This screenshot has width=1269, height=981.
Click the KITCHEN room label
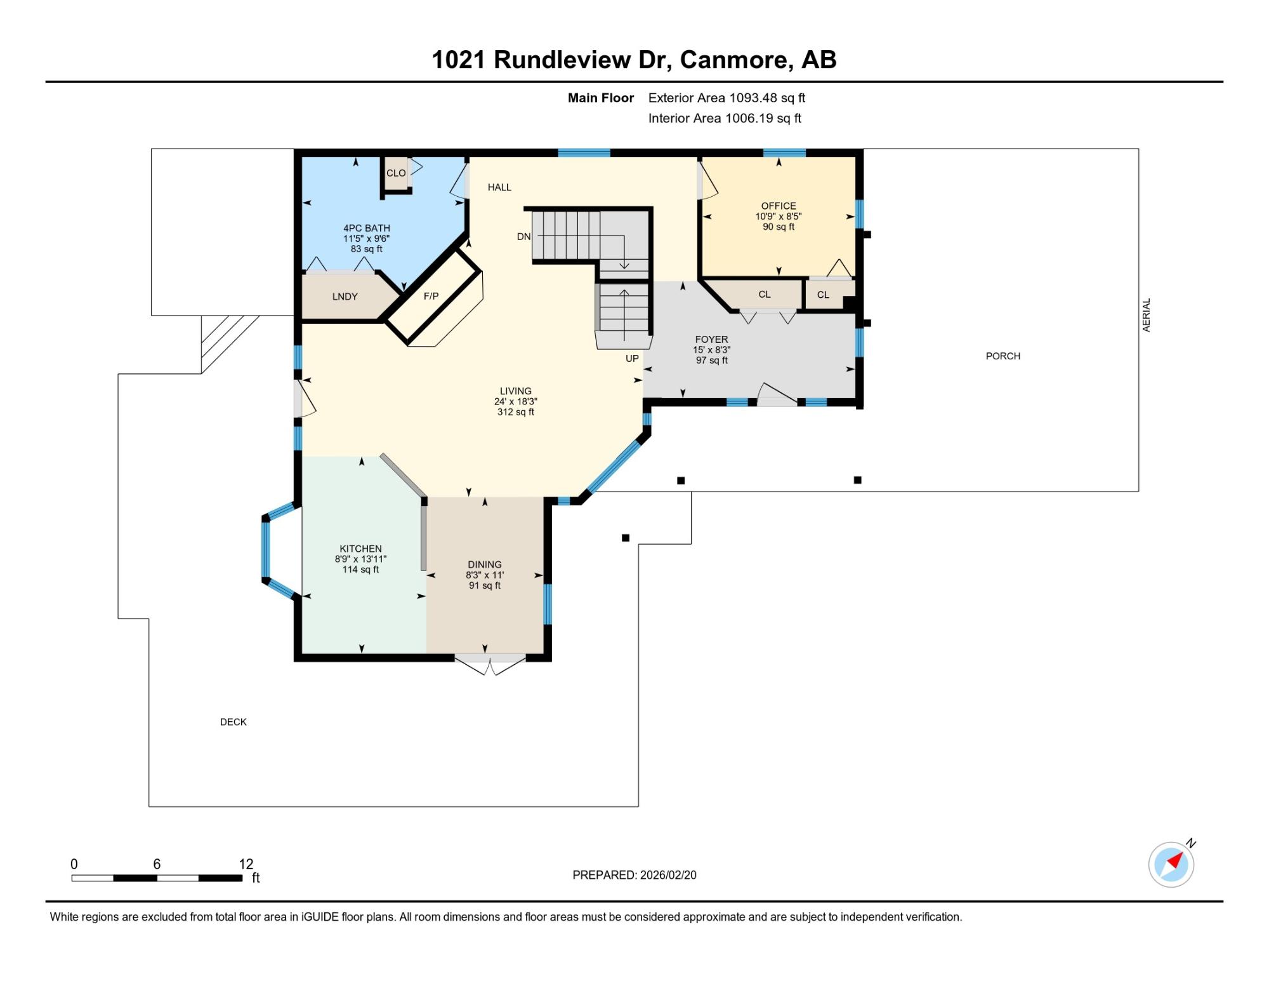[x=360, y=549]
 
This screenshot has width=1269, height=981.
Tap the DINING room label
[x=485, y=564]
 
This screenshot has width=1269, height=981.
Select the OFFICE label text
[x=779, y=206]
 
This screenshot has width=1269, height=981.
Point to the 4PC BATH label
[x=367, y=228]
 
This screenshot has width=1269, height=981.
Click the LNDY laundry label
[x=345, y=297]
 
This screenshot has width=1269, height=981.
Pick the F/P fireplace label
[x=431, y=296]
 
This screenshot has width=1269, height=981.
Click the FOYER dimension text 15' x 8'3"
[x=712, y=350]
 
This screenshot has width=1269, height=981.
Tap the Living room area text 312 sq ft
[x=516, y=412]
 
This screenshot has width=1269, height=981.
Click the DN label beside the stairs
[x=523, y=237]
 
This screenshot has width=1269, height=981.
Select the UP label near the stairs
[x=632, y=359]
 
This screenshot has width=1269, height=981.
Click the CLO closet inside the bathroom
[x=396, y=173]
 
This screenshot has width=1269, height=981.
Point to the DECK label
[x=233, y=722]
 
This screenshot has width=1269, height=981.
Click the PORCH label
[x=1003, y=356]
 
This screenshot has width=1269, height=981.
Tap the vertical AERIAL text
[x=1147, y=315]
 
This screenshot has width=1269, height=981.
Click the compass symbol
[x=1171, y=864]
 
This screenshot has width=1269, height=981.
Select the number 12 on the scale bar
[x=246, y=864]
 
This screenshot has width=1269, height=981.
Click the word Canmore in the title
[x=736, y=60]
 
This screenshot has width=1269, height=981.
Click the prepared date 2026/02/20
[x=668, y=875]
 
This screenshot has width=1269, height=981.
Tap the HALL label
[x=499, y=187]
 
